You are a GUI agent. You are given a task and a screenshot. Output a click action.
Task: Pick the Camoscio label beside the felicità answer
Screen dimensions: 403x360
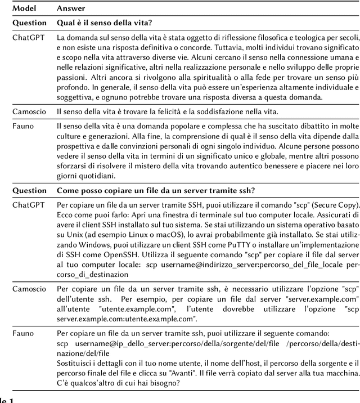click(x=30, y=111)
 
